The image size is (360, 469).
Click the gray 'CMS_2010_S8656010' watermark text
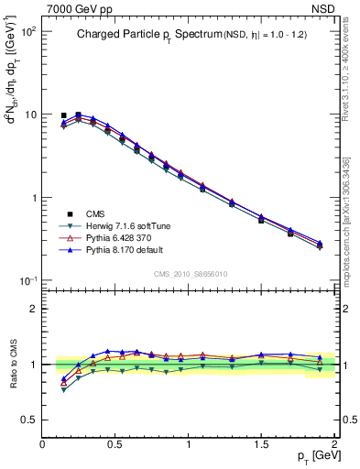190,273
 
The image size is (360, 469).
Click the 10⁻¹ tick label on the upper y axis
29,280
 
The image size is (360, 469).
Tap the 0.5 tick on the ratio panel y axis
30,419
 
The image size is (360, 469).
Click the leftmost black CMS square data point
64,116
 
